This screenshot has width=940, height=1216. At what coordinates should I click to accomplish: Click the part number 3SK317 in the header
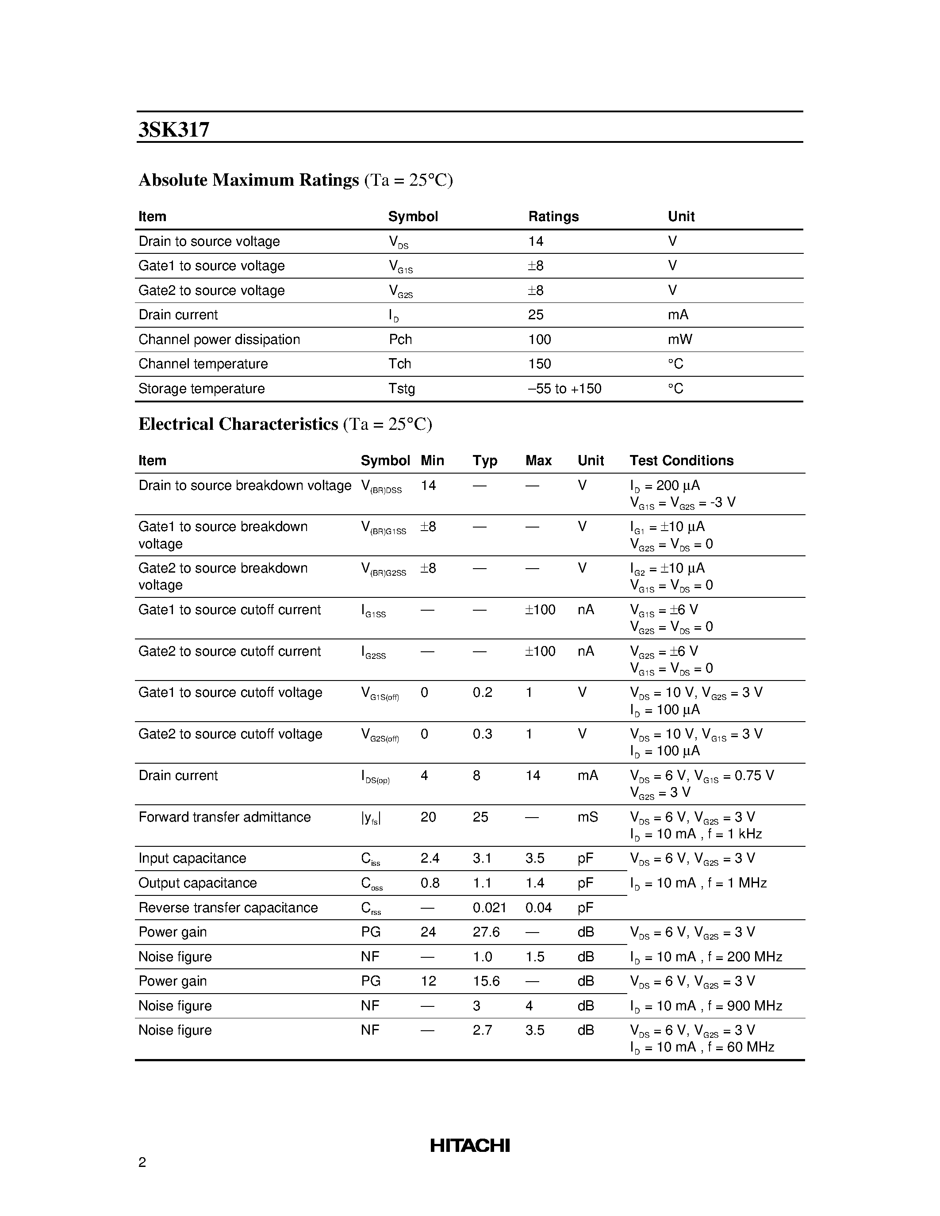pos(174,130)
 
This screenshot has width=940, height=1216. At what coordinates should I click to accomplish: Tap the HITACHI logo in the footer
pos(469,1145)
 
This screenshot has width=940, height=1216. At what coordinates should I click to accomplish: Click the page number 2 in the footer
pos(142,1162)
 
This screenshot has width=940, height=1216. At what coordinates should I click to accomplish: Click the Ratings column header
pos(553,216)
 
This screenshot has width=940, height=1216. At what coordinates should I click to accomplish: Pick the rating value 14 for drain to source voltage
pos(535,241)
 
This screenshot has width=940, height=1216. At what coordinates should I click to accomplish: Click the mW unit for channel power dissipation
pos(679,339)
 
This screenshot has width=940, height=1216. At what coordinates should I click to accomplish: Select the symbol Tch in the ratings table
pos(399,363)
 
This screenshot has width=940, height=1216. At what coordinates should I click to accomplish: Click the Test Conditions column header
pos(681,460)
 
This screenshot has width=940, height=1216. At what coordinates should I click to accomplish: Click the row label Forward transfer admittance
pos(224,817)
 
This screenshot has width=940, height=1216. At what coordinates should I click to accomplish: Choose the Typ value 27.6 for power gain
pos(486,932)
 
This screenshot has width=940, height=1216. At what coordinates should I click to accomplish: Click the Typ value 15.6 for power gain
pos(486,981)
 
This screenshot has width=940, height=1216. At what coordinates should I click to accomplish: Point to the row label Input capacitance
pos(192,858)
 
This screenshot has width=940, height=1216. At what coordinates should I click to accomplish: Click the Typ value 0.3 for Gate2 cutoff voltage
pos(482,734)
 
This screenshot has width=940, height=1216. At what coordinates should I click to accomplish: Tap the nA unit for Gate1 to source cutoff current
pos(585,610)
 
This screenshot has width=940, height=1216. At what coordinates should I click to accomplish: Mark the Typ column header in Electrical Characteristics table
pos(484,460)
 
